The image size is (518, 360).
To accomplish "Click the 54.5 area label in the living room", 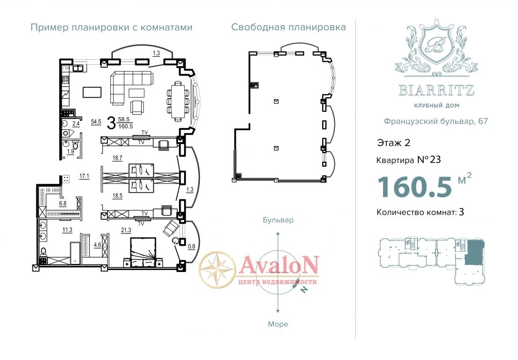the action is [x=96, y=122].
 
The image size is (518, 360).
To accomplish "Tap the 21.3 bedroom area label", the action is [x=126, y=230].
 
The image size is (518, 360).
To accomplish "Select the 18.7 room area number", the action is [x=117, y=158].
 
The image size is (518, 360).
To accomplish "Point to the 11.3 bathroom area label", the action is [x=67, y=230].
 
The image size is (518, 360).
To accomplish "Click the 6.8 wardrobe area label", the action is [x=63, y=204].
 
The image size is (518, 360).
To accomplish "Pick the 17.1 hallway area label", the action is [x=84, y=176].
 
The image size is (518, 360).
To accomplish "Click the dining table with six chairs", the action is [x=178, y=101].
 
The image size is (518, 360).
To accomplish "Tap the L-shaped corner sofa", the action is [x=132, y=87].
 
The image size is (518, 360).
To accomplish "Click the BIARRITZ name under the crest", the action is [x=437, y=90].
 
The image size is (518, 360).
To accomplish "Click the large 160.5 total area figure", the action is [x=415, y=187].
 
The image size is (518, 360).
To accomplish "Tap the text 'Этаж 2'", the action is [x=394, y=143].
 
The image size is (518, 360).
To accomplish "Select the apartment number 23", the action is [x=436, y=160].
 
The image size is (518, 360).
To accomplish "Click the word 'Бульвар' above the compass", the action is [x=278, y=220].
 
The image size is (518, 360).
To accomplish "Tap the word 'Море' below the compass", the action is [x=278, y=324].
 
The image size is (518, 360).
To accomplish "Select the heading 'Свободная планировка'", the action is [x=288, y=27].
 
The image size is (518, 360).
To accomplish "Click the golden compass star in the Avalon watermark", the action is [x=218, y=268].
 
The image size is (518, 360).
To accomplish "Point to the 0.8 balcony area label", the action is [x=191, y=246].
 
